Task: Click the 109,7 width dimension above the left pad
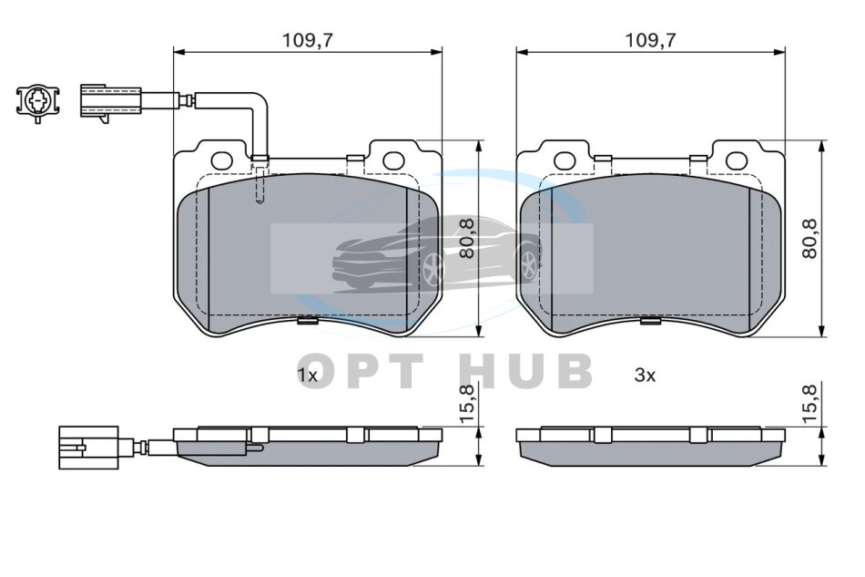tap(308, 40)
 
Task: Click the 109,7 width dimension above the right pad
tap(650, 40)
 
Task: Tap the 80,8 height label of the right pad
tap(809, 239)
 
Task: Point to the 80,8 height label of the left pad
tap(467, 239)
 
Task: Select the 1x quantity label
tap(307, 376)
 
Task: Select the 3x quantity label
tap(645, 376)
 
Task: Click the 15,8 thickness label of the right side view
tap(809, 405)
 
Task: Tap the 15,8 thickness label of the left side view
tap(466, 405)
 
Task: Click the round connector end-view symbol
tap(37, 102)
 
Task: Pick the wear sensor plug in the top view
tap(110, 101)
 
